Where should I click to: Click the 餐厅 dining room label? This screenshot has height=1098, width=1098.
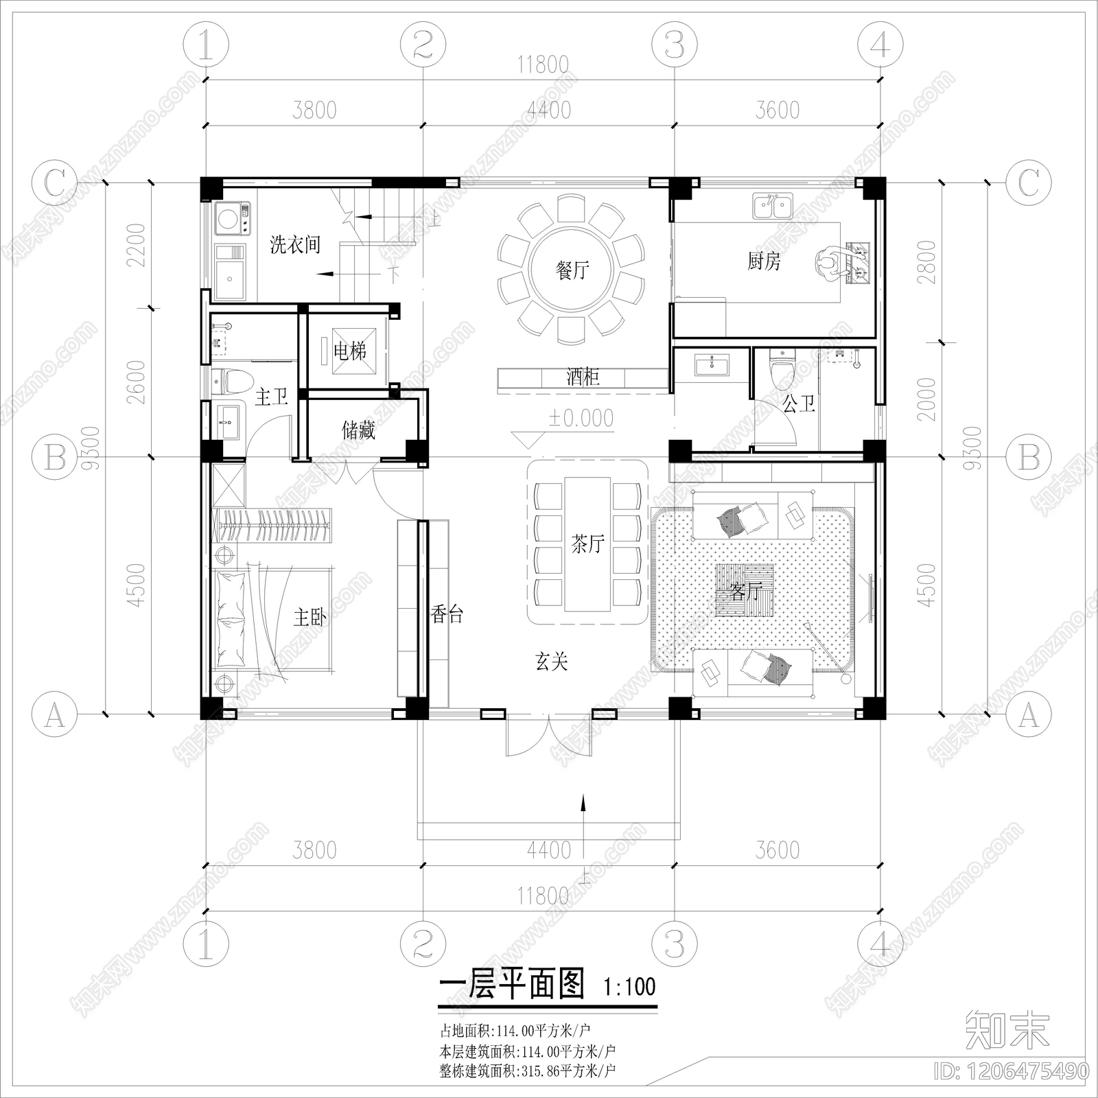572,270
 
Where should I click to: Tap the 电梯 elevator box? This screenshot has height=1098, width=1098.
349,352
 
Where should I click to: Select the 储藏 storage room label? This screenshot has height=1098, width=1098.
358,430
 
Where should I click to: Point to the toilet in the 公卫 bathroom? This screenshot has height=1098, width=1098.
781,369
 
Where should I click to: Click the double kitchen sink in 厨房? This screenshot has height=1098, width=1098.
773,205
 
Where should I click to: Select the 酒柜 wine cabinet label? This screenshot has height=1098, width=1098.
583,377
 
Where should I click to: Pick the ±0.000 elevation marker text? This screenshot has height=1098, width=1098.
581,418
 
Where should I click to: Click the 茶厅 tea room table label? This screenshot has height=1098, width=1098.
587,544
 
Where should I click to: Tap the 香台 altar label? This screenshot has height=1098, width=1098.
447,614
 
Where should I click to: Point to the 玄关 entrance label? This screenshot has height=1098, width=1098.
551,662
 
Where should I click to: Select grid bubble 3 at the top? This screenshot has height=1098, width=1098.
675,45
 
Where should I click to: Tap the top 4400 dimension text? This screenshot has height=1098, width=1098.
548,110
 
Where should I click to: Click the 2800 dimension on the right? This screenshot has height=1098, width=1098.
926,262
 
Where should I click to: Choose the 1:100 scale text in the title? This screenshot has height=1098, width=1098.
629,988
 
